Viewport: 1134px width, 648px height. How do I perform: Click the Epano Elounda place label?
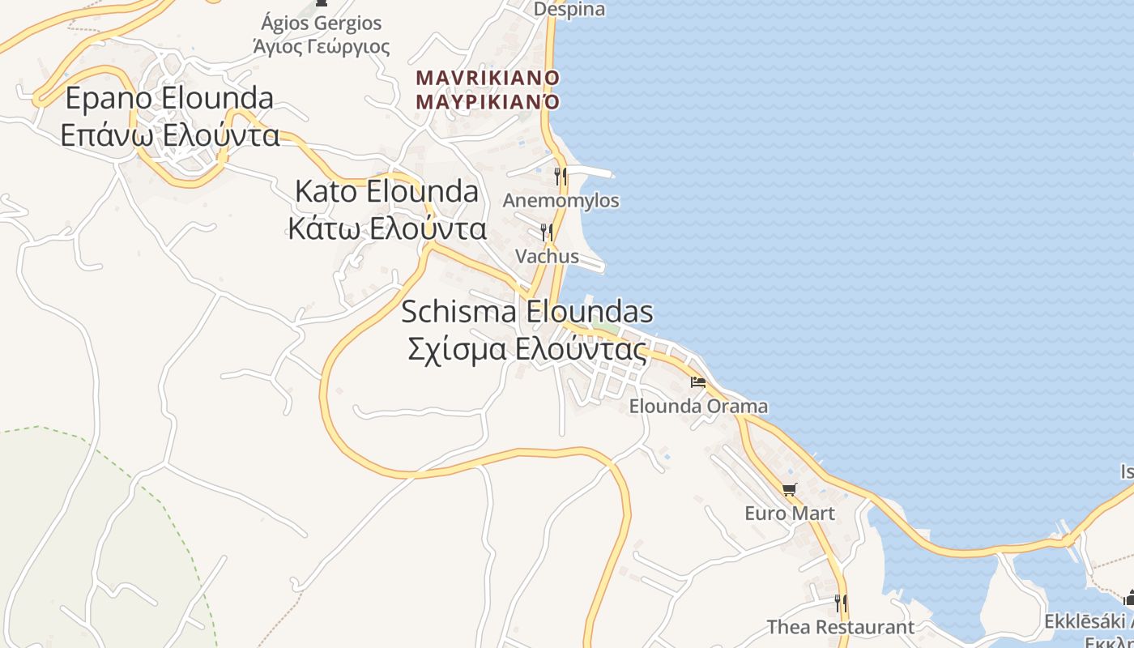[x=169, y=98]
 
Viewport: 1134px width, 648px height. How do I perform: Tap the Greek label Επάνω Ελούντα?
[x=170, y=134]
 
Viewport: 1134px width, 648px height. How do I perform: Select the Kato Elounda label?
[x=386, y=192]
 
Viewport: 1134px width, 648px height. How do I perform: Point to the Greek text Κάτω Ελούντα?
[x=387, y=228]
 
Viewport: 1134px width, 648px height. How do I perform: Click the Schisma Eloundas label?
[x=527, y=312]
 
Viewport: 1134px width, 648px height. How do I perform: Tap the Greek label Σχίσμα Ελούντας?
[x=527, y=350]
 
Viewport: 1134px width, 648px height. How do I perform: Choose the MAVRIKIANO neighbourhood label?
[x=488, y=78]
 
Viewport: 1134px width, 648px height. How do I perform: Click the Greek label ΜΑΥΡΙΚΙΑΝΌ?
[x=488, y=102]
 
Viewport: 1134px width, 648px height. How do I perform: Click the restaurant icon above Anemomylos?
[x=560, y=176]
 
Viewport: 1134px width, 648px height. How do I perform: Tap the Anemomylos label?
[x=561, y=201]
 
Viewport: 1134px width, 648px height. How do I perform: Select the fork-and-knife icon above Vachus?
[x=547, y=233]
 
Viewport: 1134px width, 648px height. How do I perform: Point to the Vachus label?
[x=548, y=257]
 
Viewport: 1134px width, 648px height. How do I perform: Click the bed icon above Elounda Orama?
[x=698, y=382]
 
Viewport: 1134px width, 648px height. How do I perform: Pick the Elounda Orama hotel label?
[x=698, y=406]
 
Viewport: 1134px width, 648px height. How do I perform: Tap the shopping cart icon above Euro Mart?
[x=790, y=489]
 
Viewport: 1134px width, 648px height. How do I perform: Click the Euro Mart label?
[x=790, y=514]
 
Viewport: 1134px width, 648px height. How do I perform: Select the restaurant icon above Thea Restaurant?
[x=841, y=603]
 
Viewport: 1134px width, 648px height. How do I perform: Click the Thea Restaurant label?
[x=841, y=627]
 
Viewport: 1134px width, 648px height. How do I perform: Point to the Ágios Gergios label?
[x=321, y=23]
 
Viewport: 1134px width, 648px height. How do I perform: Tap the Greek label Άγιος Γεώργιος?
[x=321, y=46]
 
